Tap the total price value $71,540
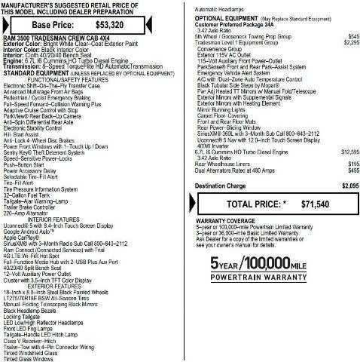[316, 183]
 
